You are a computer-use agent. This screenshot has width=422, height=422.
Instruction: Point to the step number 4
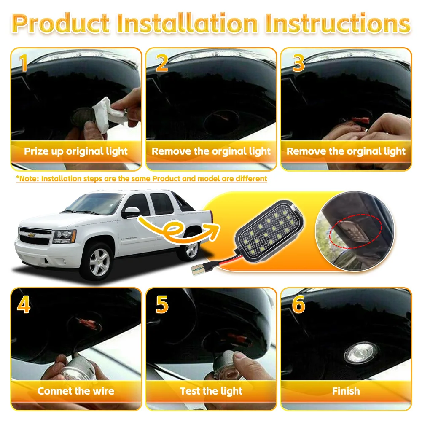(x=24, y=304)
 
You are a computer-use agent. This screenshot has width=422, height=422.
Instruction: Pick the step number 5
(x=161, y=304)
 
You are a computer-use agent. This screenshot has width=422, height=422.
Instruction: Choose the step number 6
(x=298, y=304)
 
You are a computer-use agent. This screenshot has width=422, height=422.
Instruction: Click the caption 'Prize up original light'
(x=76, y=151)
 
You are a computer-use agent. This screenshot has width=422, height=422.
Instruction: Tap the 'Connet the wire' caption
(x=76, y=391)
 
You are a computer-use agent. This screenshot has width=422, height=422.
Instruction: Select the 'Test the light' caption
(x=211, y=391)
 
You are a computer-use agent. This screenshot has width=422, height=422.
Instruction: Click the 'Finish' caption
(x=346, y=391)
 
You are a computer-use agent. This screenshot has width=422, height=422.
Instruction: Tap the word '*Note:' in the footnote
(x=28, y=179)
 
